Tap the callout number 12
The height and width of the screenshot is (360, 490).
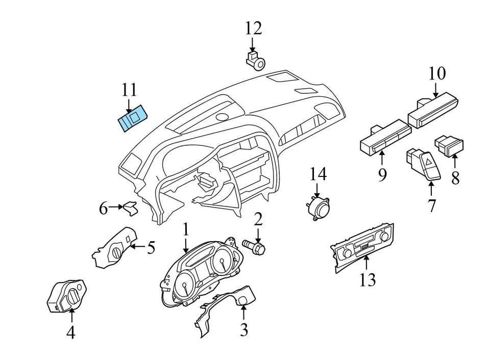tap(253, 28)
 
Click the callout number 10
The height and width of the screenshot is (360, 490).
tap(437, 73)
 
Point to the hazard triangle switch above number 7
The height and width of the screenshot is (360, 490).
tap(422, 164)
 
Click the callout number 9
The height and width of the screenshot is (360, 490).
tap(382, 175)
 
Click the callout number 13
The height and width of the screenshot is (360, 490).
tap(367, 279)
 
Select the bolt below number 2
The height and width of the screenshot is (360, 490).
tap(256, 247)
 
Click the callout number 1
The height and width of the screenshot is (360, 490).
tap(186, 229)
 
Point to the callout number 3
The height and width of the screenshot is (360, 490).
tap(244, 329)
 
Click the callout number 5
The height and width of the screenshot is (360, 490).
tap(151, 248)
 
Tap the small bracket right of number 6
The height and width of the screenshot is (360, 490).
tap(131, 208)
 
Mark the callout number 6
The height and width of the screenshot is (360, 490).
tap(104, 208)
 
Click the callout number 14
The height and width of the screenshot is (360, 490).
tap(317, 175)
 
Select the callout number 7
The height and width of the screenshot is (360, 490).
tap(432, 206)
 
